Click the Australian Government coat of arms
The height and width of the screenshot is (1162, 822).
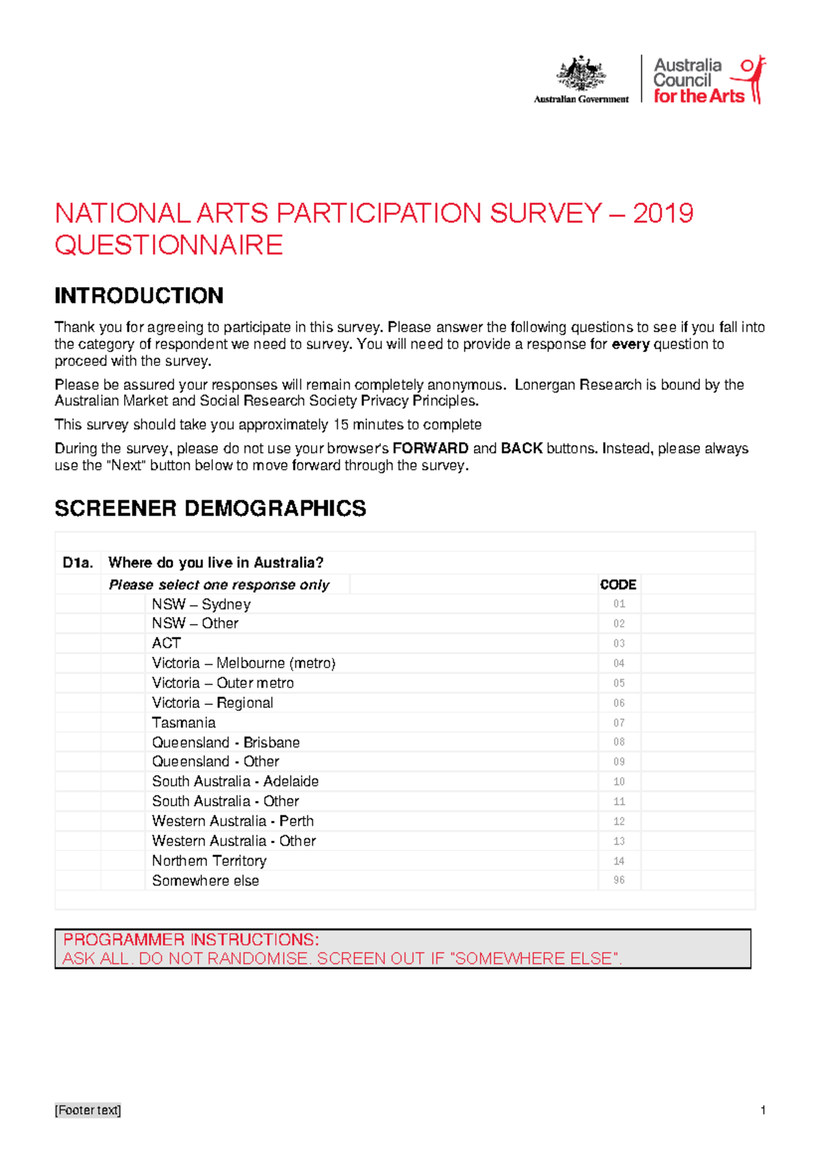click(x=581, y=74)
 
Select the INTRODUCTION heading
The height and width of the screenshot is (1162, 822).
click(x=139, y=296)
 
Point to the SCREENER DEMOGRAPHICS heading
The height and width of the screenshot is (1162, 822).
click(x=210, y=508)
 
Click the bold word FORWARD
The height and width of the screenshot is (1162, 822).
click(x=430, y=449)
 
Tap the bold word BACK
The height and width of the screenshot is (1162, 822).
click(x=521, y=449)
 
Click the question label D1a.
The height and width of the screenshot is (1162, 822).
click(x=77, y=563)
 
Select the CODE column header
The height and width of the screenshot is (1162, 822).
click(x=618, y=585)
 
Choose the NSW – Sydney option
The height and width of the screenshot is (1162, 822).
click(x=201, y=604)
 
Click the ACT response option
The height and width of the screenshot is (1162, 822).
click(x=166, y=643)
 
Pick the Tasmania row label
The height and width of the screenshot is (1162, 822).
click(x=184, y=723)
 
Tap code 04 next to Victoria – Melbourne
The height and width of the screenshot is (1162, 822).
click(x=619, y=663)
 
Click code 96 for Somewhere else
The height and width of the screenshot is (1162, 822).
click(x=619, y=880)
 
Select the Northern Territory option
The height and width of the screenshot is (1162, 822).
click(x=209, y=861)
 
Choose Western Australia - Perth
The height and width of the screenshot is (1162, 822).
click(x=232, y=821)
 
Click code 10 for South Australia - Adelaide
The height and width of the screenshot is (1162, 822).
click(x=619, y=782)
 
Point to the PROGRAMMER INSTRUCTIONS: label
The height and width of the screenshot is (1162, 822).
click(x=191, y=939)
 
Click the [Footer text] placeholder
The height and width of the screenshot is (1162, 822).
click(x=88, y=1111)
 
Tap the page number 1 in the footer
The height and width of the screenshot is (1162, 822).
click(x=762, y=1111)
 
